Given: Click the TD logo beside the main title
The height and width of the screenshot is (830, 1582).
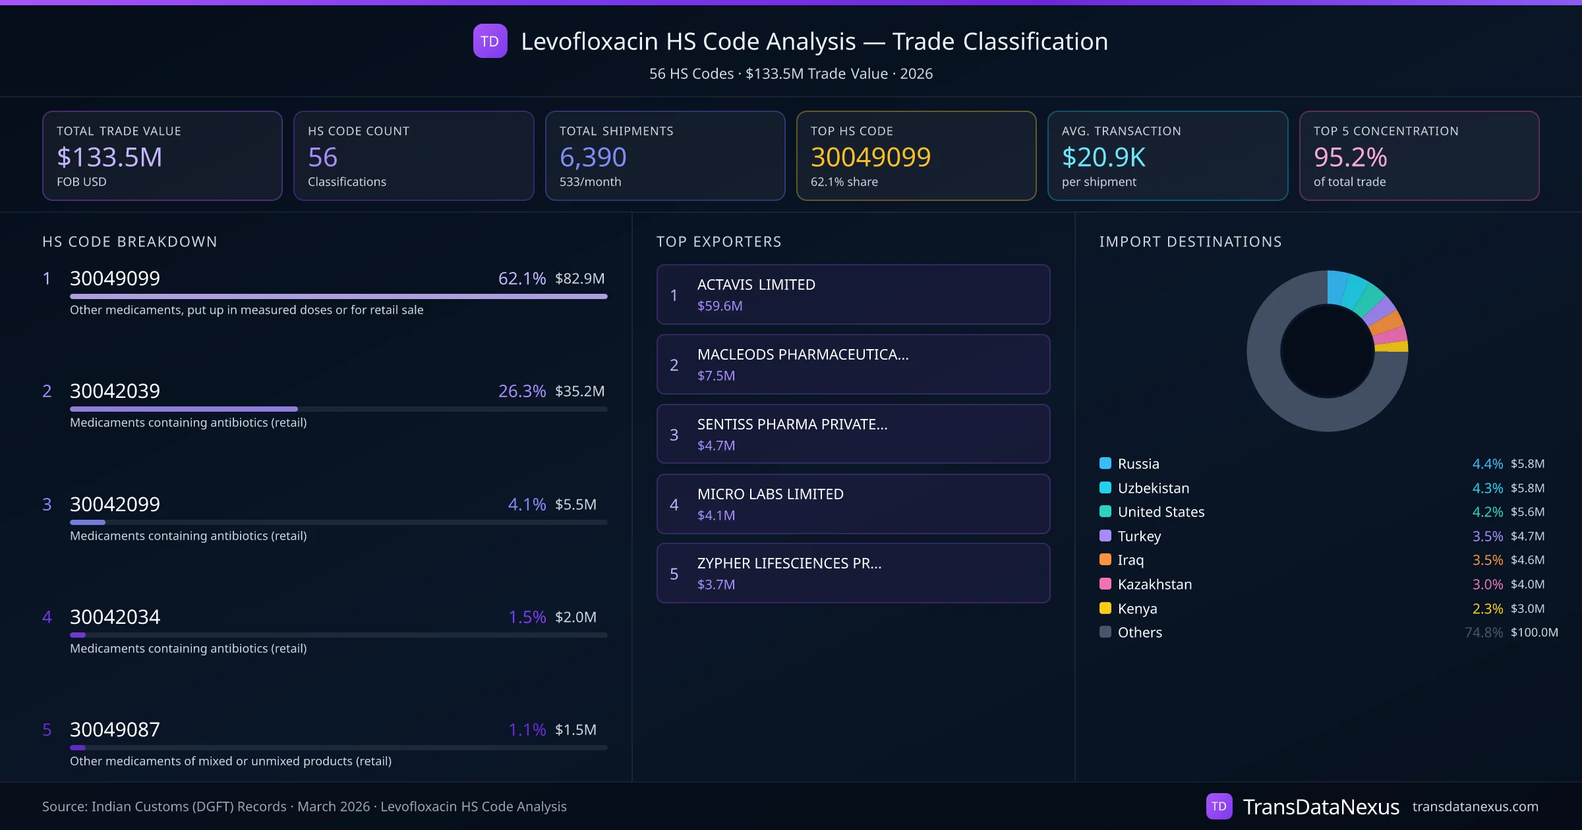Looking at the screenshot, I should (490, 41).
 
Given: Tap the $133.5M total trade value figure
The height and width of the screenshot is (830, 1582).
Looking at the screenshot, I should (109, 157).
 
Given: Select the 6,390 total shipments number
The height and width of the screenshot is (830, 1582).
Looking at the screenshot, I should (593, 157).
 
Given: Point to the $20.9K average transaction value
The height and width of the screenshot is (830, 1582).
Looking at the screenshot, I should (1103, 157).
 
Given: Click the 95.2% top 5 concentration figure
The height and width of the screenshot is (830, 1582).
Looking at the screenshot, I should (1350, 157).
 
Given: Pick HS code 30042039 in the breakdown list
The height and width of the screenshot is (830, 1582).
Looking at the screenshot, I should (115, 391).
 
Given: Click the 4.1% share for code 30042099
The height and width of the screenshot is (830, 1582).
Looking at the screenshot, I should (527, 505).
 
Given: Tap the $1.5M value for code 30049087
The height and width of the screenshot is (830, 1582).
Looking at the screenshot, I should (575, 730).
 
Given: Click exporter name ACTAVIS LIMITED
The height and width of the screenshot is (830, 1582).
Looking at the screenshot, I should (756, 285).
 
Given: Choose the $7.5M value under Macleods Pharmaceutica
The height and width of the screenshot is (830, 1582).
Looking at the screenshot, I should (716, 376).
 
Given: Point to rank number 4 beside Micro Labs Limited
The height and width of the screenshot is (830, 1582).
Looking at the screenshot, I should (674, 505).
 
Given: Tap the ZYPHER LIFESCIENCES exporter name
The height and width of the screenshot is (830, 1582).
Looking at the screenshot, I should (789, 564).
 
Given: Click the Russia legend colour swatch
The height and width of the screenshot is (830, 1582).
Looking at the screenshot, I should (1105, 463).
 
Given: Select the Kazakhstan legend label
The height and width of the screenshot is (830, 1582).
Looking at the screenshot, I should (1154, 584).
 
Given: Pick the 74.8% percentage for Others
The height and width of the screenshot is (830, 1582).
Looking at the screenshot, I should (1483, 632).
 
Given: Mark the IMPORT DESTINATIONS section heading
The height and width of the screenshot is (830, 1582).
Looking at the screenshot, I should (1190, 242).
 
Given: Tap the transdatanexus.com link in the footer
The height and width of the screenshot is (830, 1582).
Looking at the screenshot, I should (1475, 807).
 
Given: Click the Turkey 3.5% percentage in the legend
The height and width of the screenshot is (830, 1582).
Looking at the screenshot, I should (1487, 536).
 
